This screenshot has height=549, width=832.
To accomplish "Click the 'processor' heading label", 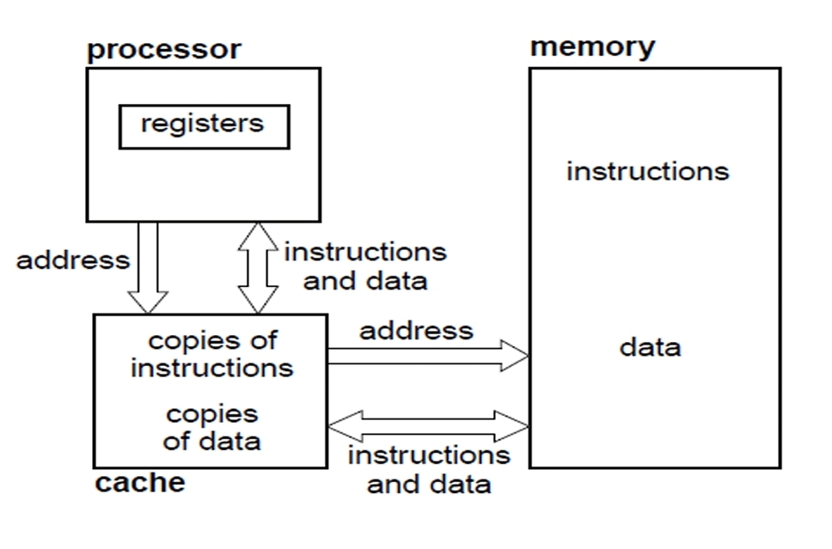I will [164, 49].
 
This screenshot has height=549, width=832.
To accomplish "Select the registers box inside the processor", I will [204, 126].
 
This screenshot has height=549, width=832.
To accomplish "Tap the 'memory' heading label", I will [592, 46].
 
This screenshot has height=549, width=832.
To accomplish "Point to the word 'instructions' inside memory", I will [647, 171].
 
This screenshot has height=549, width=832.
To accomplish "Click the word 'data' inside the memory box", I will [650, 347].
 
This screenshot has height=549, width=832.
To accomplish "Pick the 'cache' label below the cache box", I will [139, 483].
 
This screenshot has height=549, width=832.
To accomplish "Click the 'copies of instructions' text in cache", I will [212, 354].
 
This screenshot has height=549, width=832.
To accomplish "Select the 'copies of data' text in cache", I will [211, 427].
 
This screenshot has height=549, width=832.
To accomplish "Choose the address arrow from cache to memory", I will [425, 356].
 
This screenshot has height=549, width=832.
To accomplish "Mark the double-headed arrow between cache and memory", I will [427, 424].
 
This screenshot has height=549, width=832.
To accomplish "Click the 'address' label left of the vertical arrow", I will [73, 259].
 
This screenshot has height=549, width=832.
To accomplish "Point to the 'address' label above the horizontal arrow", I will [416, 331].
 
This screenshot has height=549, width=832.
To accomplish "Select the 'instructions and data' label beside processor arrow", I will [365, 266].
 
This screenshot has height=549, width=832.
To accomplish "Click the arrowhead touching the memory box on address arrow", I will [516, 356].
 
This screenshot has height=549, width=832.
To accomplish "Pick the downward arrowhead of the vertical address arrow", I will [148, 302].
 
